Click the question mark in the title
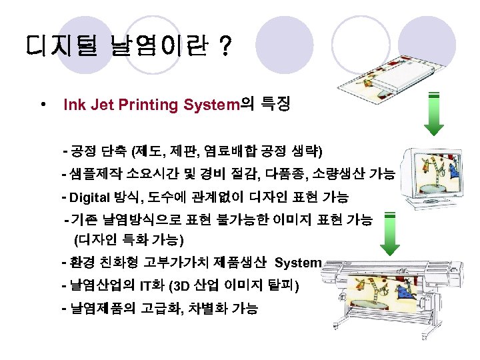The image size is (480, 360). pyautogui.click(x=225, y=47)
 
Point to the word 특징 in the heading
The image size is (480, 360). pyautogui.click(x=275, y=105)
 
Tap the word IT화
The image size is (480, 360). pyautogui.click(x=150, y=287)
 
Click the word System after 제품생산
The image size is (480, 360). pyautogui.click(x=298, y=263)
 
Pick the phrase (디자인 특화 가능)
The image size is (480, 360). pyautogui.click(x=130, y=238)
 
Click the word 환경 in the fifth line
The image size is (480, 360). pyautogui.click(x=81, y=263)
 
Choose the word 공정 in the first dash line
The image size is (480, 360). pyautogui.click(x=83, y=149)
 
